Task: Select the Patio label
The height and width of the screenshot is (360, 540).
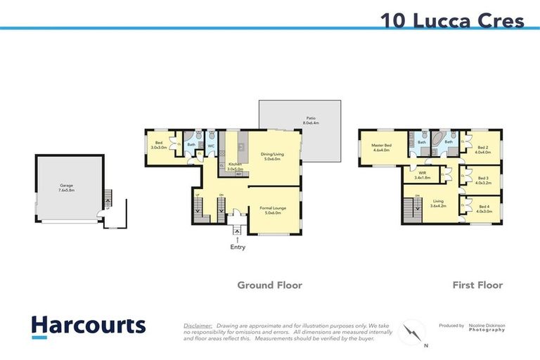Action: coord(310,120)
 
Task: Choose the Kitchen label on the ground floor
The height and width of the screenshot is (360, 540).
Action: coord(235,167)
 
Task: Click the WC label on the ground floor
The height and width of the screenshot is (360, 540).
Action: coord(210,146)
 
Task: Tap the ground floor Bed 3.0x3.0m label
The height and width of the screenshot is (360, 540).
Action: coord(160,146)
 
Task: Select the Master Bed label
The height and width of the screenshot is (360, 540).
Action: coord(382,147)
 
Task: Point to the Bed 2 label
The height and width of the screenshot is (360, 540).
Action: coord(482,149)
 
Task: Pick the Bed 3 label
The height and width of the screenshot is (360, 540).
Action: coord(482,180)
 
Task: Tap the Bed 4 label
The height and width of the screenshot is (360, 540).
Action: coord(482,208)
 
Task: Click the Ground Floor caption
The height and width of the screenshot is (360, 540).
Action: coord(269,285)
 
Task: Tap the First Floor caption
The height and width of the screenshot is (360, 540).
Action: coord(477,285)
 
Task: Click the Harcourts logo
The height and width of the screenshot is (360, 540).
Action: coord(89,326)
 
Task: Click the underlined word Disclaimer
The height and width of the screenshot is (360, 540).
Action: coord(198,326)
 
